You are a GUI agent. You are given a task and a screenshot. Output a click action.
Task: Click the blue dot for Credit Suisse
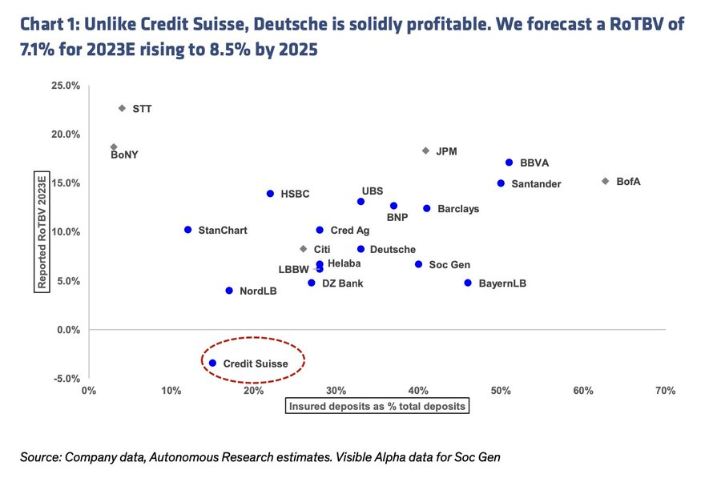[212, 363]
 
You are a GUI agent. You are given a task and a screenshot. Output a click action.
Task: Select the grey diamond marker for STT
[122, 108]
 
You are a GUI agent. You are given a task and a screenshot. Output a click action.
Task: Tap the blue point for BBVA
[509, 163]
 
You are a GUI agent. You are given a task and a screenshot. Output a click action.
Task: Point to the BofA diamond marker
[605, 181]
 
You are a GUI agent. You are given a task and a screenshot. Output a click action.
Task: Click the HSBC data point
[270, 194]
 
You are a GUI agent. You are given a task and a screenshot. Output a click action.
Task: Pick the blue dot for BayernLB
[468, 283]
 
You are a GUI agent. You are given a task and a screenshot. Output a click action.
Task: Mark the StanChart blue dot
[187, 230]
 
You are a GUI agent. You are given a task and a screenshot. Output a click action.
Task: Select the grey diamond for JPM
[425, 151]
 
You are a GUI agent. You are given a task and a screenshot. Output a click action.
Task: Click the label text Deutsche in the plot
[393, 250]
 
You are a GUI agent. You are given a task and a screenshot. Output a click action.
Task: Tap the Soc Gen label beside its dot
[449, 265]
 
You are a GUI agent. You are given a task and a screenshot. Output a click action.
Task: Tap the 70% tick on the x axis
[665, 392]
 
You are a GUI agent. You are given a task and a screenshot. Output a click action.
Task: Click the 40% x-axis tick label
[418, 392]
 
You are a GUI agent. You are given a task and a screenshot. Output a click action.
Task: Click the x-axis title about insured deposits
[377, 406]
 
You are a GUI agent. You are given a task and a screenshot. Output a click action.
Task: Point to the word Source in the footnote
[40, 457]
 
